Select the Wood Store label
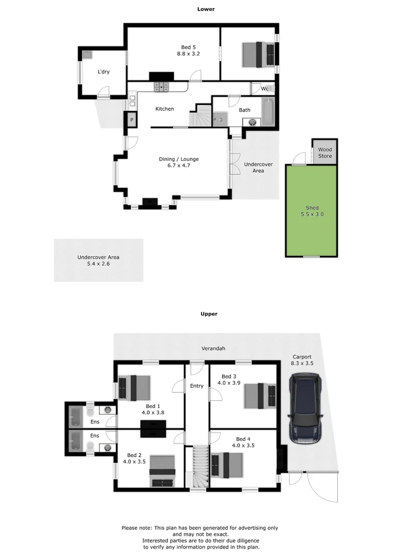[325, 153]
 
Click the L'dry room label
[103, 72]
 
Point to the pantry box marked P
[132, 120]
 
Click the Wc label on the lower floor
[265, 89]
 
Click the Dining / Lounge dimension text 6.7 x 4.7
[178, 166]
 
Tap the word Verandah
[214, 349]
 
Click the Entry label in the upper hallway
[196, 386]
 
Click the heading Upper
[209, 314]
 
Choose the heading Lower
[206, 9]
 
